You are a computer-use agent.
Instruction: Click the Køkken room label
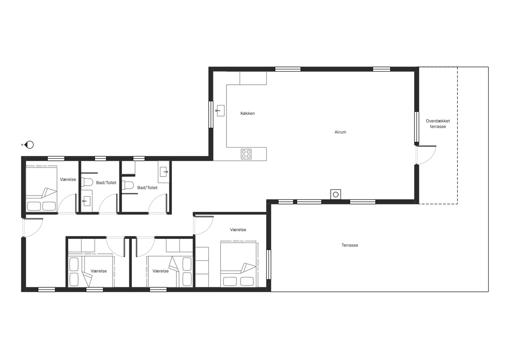[248, 113]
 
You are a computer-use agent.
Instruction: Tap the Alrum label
[340, 132]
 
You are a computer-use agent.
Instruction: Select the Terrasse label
[350, 245]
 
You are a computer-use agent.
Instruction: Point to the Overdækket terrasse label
[438, 124]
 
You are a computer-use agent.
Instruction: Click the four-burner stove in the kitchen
[246, 154]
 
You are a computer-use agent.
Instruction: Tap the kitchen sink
[220, 111]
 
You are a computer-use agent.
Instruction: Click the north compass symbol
[29, 145]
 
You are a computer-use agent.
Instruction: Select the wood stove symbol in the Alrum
[336, 194]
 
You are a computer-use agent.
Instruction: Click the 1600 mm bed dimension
[238, 241]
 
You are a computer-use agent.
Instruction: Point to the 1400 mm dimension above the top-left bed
[41, 166]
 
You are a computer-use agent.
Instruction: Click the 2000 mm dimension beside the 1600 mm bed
[258, 265]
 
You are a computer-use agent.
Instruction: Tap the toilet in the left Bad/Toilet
[88, 182]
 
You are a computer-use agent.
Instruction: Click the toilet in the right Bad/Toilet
[128, 185]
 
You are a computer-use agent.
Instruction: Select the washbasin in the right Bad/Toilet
[164, 172]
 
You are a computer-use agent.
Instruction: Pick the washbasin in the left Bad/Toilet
[86, 201]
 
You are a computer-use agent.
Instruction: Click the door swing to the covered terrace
[426, 155]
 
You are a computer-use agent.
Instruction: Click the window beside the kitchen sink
[211, 114]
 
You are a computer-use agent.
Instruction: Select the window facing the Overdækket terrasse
[417, 126]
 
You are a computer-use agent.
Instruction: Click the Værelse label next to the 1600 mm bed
[238, 230]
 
